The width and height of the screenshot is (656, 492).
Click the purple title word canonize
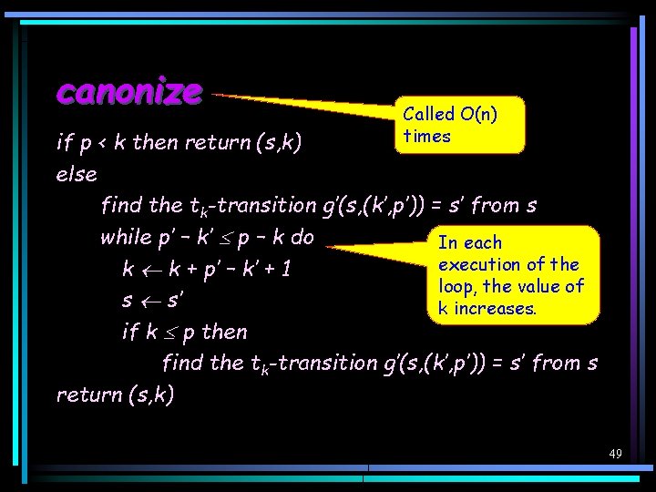pos(128,91)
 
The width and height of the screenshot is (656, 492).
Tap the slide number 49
pos(615,453)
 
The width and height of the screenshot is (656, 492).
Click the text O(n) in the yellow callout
pos(479,114)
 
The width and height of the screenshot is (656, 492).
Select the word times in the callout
pos(426,136)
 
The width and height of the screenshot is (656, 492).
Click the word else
pos(77,173)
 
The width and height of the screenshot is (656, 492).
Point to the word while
pos(126,237)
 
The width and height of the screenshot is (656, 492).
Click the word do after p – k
pos(302,237)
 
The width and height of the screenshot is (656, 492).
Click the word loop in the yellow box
pos(455,286)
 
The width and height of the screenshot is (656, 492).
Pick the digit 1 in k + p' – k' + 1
pos(284,270)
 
